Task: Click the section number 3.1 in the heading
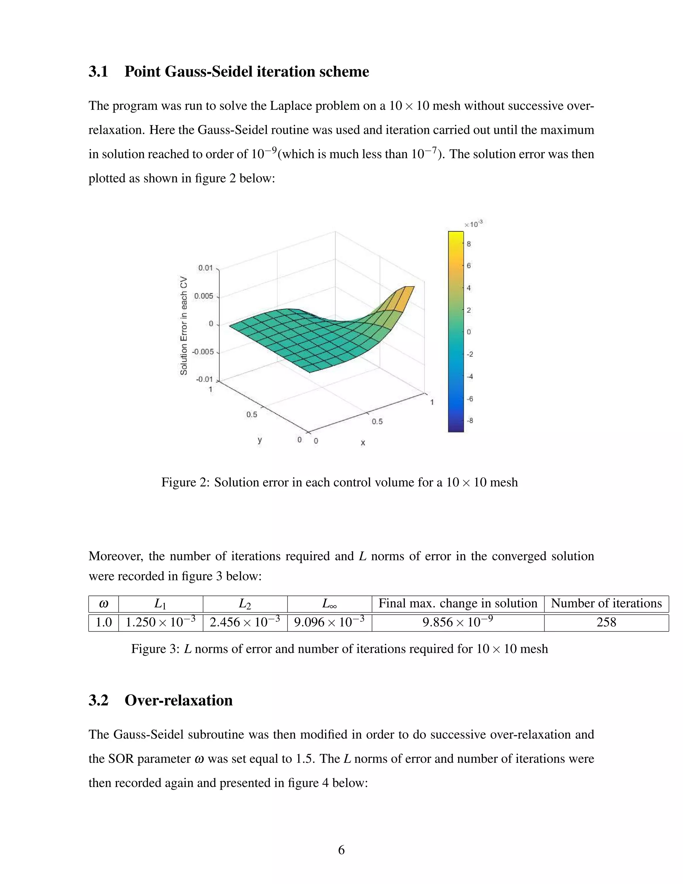(98, 72)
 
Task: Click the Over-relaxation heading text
(178, 700)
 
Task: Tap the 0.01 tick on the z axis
(205, 268)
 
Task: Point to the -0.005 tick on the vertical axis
(203, 352)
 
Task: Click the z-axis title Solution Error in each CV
(184, 326)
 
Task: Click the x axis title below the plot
(363, 443)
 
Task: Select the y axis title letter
(260, 440)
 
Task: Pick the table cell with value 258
(606, 622)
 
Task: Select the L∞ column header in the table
(329, 603)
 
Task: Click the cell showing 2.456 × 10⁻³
(245, 622)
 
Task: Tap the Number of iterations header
(606, 603)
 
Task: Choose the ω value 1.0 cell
(104, 622)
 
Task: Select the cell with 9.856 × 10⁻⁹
(458, 622)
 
